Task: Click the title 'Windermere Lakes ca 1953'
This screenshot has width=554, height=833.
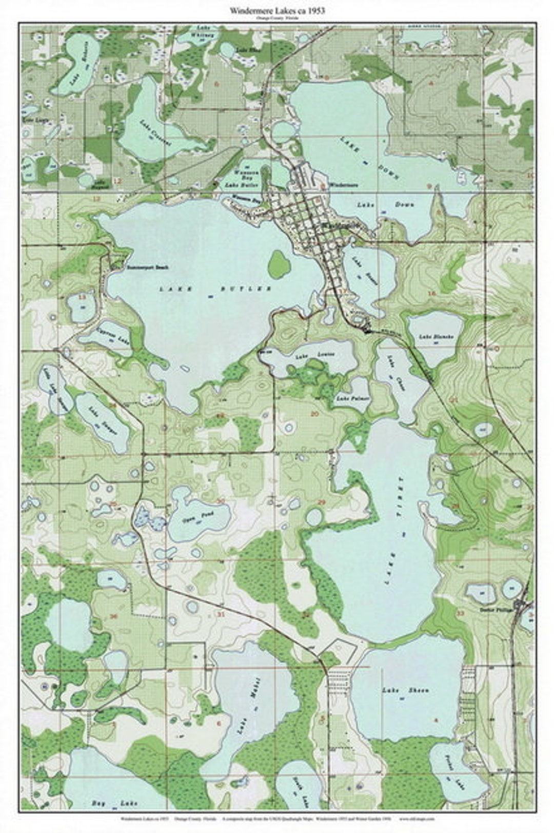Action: tap(277, 10)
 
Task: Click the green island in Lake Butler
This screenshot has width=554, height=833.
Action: tap(279, 264)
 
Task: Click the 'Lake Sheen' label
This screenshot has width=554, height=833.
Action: tap(405, 690)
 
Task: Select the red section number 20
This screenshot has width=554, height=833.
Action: tap(314, 414)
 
